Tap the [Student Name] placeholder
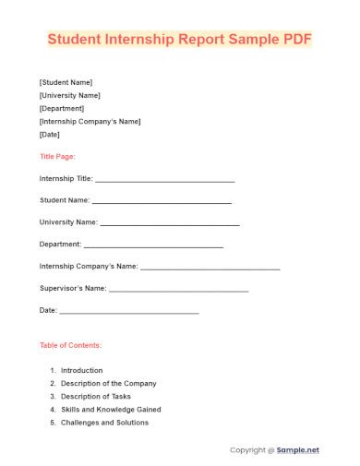click(66, 81)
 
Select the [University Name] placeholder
click(70, 94)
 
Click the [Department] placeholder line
click(64, 107)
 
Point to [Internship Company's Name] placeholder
click(90, 121)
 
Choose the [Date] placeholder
click(50, 134)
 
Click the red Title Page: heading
click(57, 156)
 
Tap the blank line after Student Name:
click(162, 201)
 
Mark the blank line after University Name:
click(169, 223)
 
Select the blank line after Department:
click(153, 245)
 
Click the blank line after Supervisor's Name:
click(178, 290)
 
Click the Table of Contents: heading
click(70, 345)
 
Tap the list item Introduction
click(82, 370)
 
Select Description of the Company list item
click(108, 383)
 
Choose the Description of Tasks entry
click(96, 396)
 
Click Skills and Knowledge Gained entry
click(111, 409)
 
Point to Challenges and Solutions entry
click(104, 423)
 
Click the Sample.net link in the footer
click(298, 449)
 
